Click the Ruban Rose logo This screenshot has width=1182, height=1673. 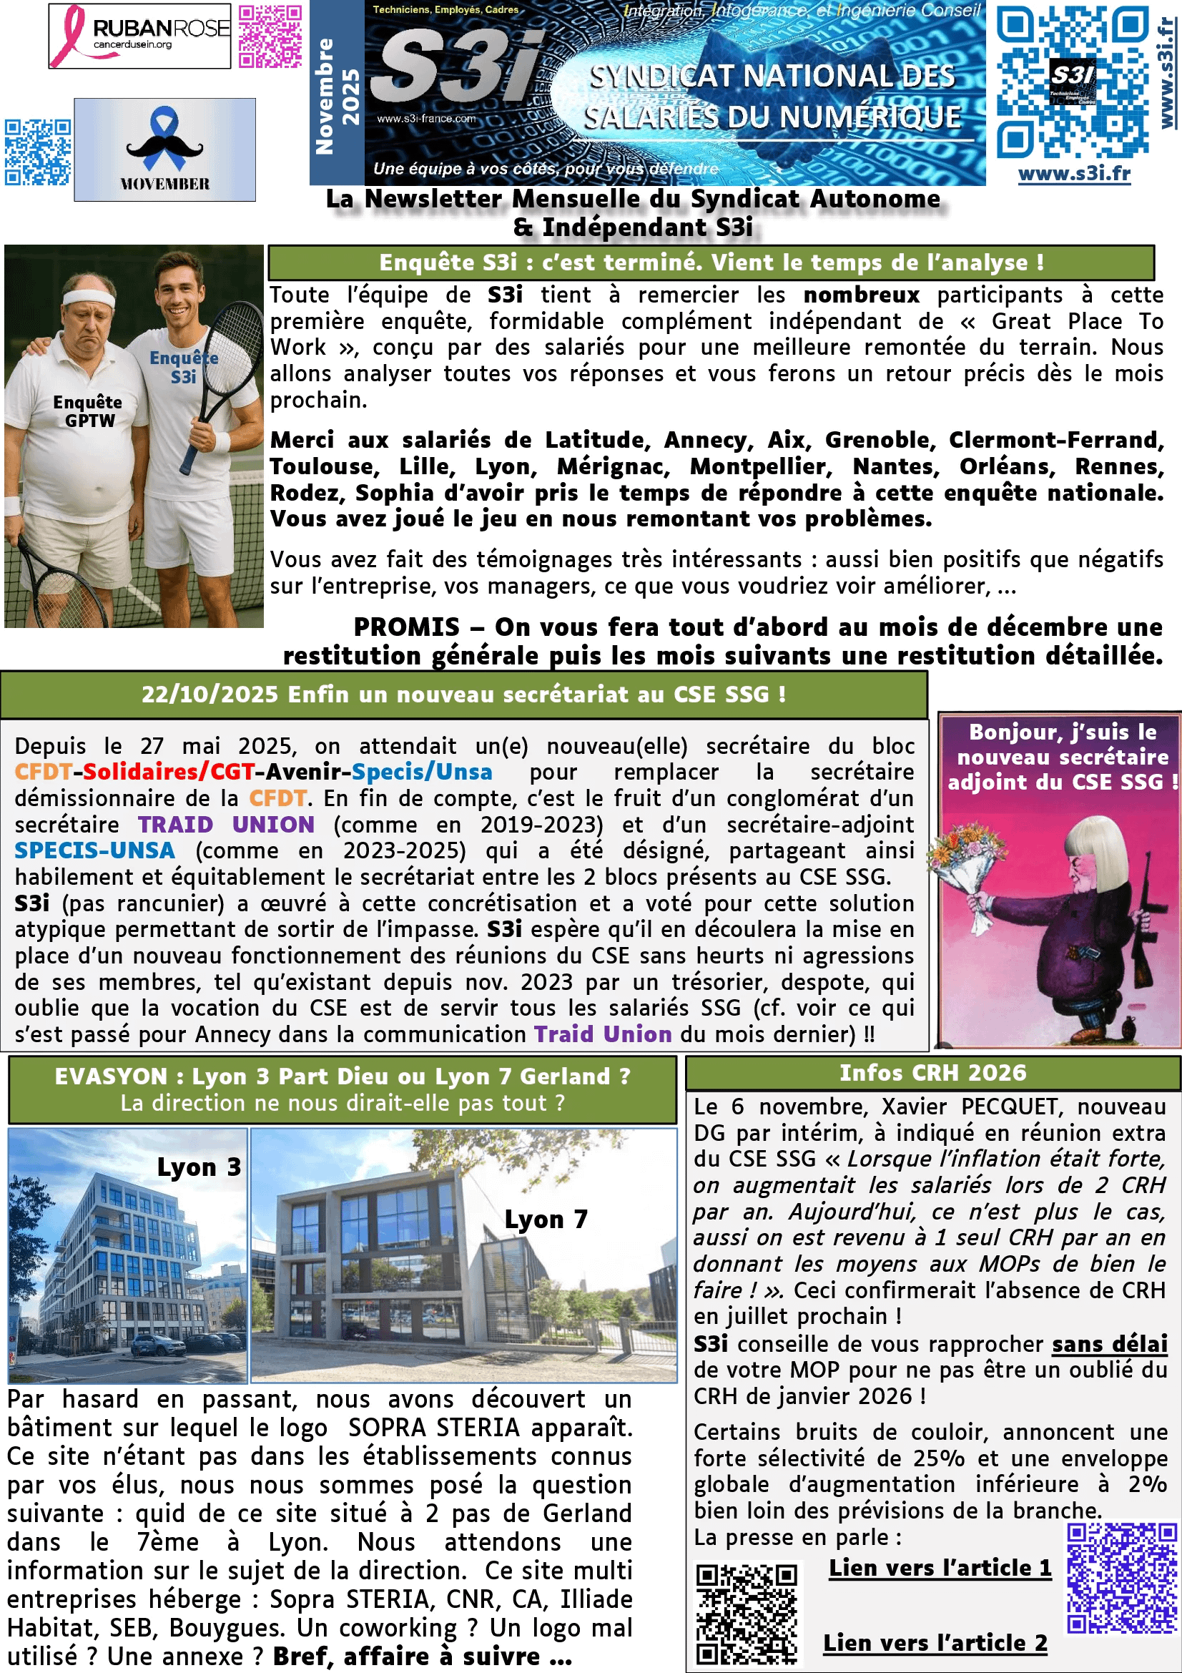(x=139, y=36)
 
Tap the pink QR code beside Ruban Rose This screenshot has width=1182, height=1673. (x=270, y=36)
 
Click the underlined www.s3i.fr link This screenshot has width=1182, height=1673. (x=1073, y=174)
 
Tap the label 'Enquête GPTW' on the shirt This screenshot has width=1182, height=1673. (x=87, y=412)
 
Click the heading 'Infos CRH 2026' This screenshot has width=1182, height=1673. (x=932, y=1073)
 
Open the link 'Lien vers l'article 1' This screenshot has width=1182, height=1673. (x=940, y=1567)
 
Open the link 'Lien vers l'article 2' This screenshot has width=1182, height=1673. (x=935, y=1642)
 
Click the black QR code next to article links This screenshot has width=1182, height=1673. (x=746, y=1613)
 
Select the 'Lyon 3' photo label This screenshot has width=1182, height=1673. (x=199, y=1167)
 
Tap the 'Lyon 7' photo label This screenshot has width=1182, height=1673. (x=546, y=1219)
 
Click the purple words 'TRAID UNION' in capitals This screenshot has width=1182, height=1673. (x=227, y=824)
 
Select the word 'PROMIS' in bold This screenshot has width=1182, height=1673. (x=406, y=627)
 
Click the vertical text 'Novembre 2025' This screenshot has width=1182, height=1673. (x=337, y=94)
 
